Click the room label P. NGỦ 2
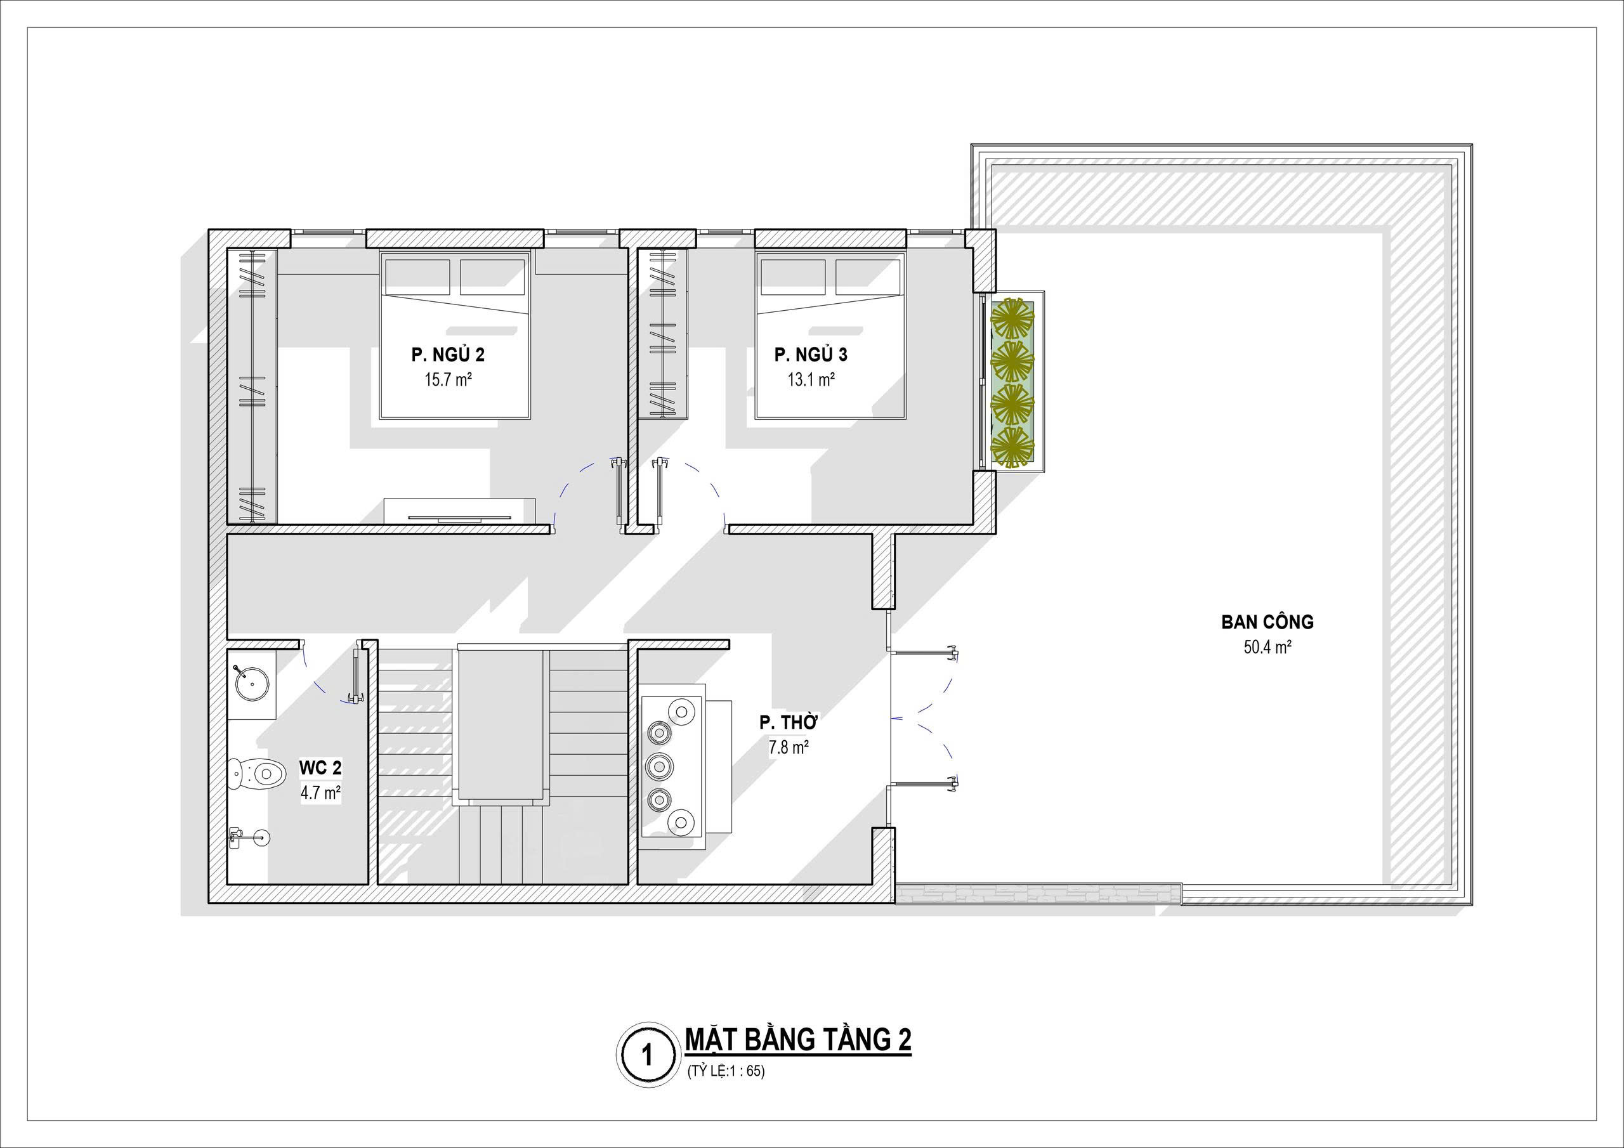tap(448, 355)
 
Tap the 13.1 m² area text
tap(811, 380)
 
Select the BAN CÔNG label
tap(1267, 622)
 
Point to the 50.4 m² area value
tap(1267, 648)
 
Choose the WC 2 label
tap(320, 767)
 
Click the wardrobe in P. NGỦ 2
tap(252, 386)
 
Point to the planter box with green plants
tap(1012, 382)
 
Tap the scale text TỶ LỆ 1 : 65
tap(726, 1091)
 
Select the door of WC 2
tap(357, 671)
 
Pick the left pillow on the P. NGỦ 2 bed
tap(417, 277)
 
